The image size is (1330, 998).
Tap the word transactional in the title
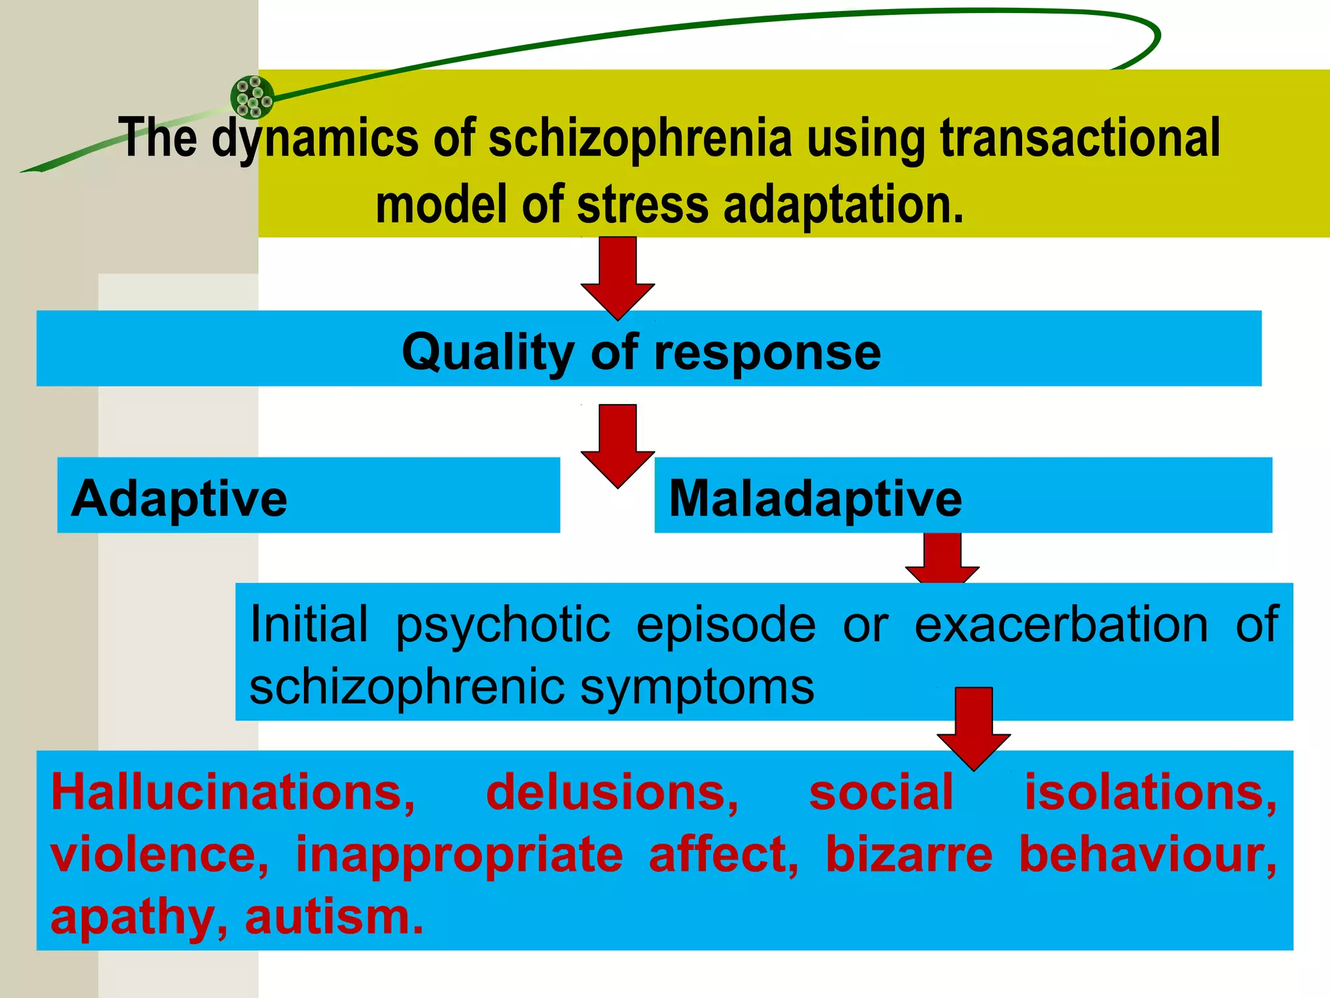click(1080, 138)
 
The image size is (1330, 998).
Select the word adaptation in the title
click(843, 205)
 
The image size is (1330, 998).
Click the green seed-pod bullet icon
click(252, 97)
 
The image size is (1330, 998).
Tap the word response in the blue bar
click(768, 352)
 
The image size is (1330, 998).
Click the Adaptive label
click(179, 498)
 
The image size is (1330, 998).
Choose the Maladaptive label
click(815, 498)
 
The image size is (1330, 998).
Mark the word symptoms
click(697, 687)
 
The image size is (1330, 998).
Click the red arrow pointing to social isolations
click(973, 728)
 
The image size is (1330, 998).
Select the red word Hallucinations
click(233, 793)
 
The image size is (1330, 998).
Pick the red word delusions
click(612, 793)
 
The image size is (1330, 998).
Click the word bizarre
click(909, 854)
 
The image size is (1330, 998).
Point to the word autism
click(334, 917)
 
